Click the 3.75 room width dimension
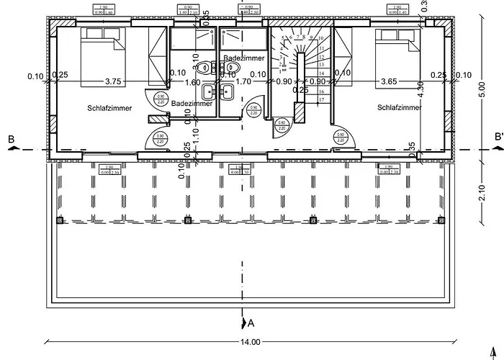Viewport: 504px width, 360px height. point(112,81)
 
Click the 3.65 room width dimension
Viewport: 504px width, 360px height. point(390,81)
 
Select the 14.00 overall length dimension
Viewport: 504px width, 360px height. point(251,343)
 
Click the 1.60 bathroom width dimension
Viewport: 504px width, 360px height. point(192,82)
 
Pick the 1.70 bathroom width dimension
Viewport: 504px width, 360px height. point(243,82)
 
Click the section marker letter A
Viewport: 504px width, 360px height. point(250,322)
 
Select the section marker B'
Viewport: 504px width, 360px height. point(498,138)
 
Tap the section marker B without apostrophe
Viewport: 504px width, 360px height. point(11,138)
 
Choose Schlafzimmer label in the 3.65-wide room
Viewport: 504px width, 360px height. point(397,107)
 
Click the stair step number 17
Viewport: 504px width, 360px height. point(322,101)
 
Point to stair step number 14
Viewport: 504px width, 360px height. point(322,73)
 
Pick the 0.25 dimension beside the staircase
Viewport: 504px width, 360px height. point(300,90)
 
